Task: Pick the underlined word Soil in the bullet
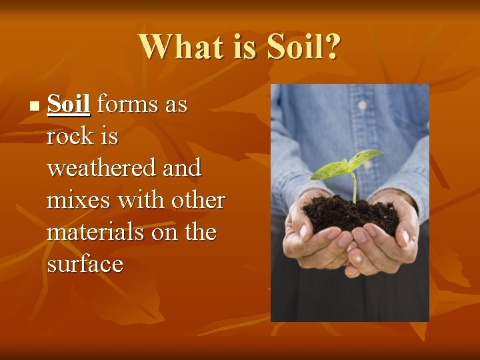tap(69, 105)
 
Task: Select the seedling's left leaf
tap(331, 171)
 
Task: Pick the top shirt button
tap(362, 105)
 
